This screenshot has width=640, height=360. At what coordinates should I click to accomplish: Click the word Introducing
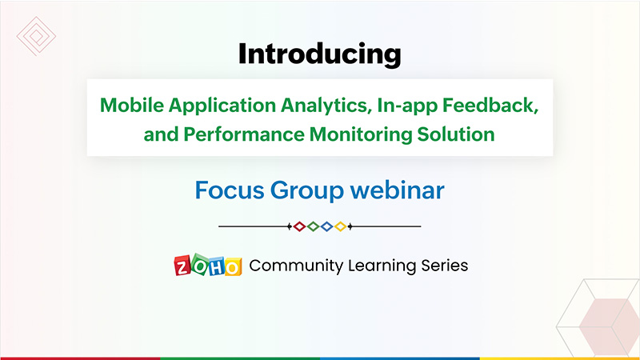(x=319, y=54)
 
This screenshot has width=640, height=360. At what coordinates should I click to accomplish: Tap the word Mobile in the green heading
(x=132, y=105)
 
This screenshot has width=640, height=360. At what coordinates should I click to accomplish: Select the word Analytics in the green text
(x=326, y=106)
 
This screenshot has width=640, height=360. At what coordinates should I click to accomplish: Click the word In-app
(x=407, y=106)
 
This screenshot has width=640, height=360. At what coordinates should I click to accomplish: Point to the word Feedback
(x=490, y=106)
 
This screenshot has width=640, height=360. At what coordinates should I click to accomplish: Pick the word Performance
(x=244, y=134)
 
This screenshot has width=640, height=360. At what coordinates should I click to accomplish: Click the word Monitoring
(x=361, y=135)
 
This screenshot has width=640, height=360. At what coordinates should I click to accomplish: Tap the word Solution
(x=456, y=134)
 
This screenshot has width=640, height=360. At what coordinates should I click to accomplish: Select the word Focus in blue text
(x=230, y=190)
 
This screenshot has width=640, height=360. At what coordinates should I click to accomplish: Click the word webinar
(x=397, y=190)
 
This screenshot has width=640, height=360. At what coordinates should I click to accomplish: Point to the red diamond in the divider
(x=299, y=226)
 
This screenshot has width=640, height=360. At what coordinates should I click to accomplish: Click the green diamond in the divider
(x=313, y=226)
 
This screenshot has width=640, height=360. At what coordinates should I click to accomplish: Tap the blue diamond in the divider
(x=326, y=226)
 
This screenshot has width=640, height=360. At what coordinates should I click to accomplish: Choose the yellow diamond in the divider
(x=340, y=226)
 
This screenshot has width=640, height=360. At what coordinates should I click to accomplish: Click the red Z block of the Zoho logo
(x=182, y=266)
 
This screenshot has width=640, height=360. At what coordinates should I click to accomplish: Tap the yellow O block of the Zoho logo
(x=233, y=267)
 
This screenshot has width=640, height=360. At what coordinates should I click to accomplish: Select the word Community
(x=296, y=266)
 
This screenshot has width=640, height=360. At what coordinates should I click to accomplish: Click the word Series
(x=445, y=266)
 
